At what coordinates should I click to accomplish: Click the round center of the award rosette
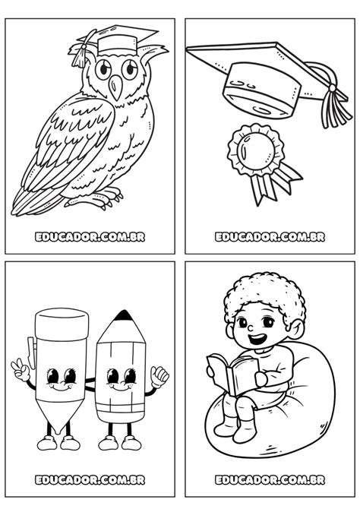click(x=255, y=150)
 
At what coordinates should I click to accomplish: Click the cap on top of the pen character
click(x=62, y=324)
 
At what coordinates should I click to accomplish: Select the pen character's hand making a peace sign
click(x=21, y=369)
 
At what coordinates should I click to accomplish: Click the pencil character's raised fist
click(x=160, y=377)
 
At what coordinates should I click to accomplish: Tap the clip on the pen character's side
click(x=31, y=353)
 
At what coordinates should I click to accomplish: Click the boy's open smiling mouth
click(x=257, y=340)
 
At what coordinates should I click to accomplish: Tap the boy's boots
click(x=236, y=428)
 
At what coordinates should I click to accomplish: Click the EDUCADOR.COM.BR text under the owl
click(x=90, y=237)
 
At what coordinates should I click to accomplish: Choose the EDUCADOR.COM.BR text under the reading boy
click(x=270, y=480)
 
